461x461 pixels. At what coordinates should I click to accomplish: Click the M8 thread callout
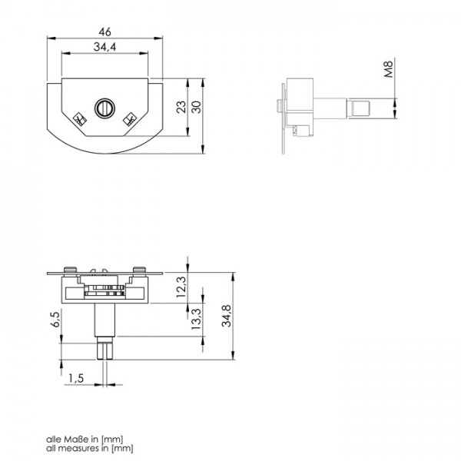pyautogui.click(x=389, y=71)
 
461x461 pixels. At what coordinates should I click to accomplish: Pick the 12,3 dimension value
pyautogui.click(x=181, y=287)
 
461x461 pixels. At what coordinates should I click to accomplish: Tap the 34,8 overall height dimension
pyautogui.click(x=226, y=315)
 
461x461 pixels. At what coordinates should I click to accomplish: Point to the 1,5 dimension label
pyautogui.click(x=75, y=377)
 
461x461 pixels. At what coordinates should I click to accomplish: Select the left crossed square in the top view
pyautogui.click(x=78, y=119)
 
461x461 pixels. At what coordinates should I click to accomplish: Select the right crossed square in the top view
pyautogui.click(x=131, y=119)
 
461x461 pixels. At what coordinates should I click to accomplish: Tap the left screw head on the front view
pyautogui.click(x=71, y=268)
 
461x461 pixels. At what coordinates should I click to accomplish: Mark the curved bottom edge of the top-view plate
pyautogui.click(x=105, y=153)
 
